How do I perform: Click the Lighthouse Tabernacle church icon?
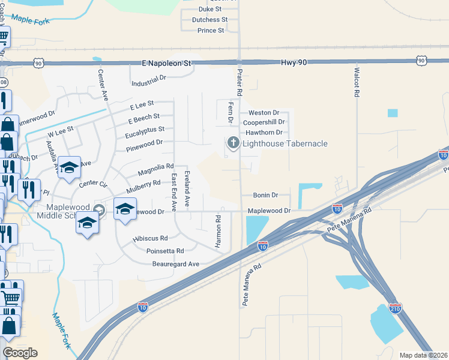(232, 143)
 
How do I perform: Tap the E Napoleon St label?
(166, 62)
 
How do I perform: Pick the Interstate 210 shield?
(395, 309)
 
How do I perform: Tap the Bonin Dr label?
(265, 195)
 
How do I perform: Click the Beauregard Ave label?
(175, 263)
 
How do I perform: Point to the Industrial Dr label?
(148, 80)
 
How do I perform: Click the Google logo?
(20, 353)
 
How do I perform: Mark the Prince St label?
(211, 30)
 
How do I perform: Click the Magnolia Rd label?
(155, 170)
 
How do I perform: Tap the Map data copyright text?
(423, 355)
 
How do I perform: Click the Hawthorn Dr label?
(263, 132)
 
